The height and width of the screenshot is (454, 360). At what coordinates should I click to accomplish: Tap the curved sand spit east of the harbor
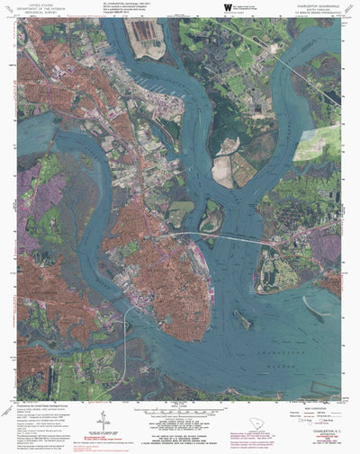(x=314, y=310)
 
